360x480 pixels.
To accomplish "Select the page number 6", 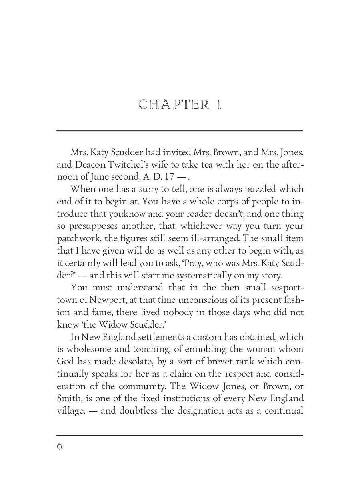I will click(x=60, y=446).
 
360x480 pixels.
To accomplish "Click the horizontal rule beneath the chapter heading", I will click(x=180, y=131).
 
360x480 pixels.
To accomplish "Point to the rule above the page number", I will click(x=180, y=435).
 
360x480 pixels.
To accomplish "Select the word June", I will click(x=102, y=177).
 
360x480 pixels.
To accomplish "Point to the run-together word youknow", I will click(x=112, y=214).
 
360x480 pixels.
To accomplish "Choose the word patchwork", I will click(x=76, y=239).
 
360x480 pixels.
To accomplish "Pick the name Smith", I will click(x=68, y=399).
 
